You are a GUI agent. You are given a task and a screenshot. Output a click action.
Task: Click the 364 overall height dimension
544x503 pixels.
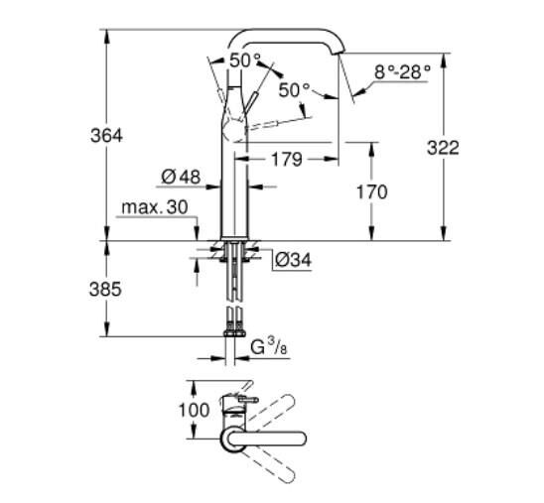pos(105,135)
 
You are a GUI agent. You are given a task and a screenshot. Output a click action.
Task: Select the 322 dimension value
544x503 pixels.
pos(442,147)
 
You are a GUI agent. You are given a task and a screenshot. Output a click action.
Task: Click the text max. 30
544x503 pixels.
pos(154,207)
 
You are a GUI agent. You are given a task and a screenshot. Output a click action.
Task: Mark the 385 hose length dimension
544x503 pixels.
pos(105,290)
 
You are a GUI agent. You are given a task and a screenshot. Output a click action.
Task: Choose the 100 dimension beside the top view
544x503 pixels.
pos(195,409)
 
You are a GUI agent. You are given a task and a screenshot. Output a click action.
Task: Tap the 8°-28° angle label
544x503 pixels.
pos(402,71)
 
